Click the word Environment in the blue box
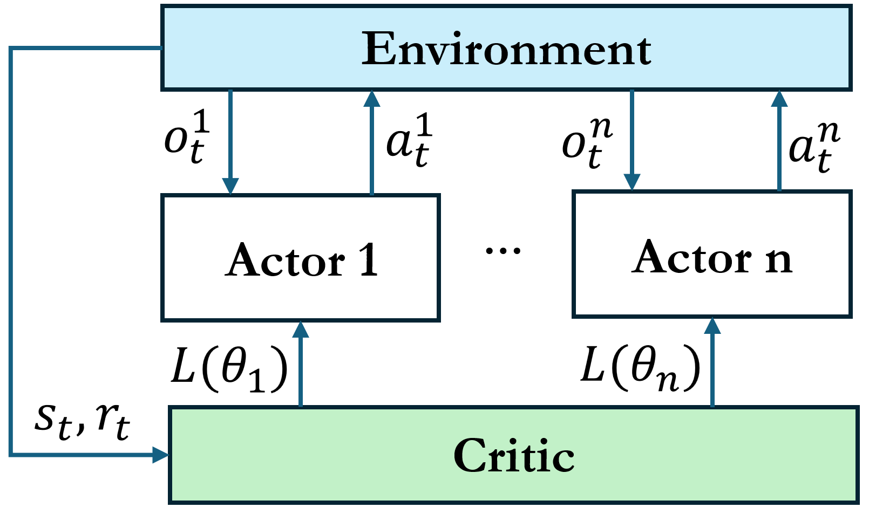(506, 49)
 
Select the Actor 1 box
(301, 258)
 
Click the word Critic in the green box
(514, 456)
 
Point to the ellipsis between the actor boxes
(503, 250)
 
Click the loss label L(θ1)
(229, 369)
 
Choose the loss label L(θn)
(640, 369)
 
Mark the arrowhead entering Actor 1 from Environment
(230, 186)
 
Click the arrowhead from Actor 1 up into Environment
(372, 99)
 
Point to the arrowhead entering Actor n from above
(632, 182)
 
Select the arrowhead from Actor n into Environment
(779, 99)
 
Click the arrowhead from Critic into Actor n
(712, 326)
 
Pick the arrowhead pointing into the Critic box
(160, 455)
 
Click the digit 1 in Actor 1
(369, 260)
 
